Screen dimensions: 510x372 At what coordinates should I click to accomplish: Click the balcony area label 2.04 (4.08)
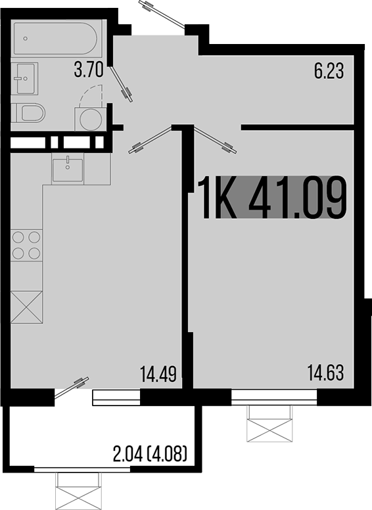[x=151, y=453]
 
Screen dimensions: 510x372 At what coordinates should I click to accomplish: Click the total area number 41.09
[x=297, y=197]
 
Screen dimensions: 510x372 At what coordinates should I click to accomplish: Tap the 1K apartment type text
[x=218, y=197]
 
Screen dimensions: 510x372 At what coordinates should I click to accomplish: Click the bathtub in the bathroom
[x=55, y=39]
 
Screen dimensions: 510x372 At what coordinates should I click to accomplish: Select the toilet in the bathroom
[x=30, y=113]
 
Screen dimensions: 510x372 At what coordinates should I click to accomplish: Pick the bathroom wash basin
[x=24, y=79]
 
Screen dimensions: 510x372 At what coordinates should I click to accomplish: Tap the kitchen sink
[x=68, y=170]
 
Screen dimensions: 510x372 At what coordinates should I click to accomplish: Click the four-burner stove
[x=26, y=245]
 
